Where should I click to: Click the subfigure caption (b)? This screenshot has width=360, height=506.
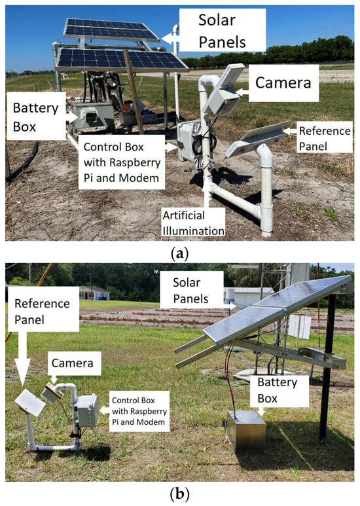pyautogui.click(x=179, y=494)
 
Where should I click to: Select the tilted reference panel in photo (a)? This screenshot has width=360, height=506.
pyautogui.click(x=257, y=139)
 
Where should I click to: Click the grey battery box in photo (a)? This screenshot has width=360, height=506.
pyautogui.click(x=92, y=116)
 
